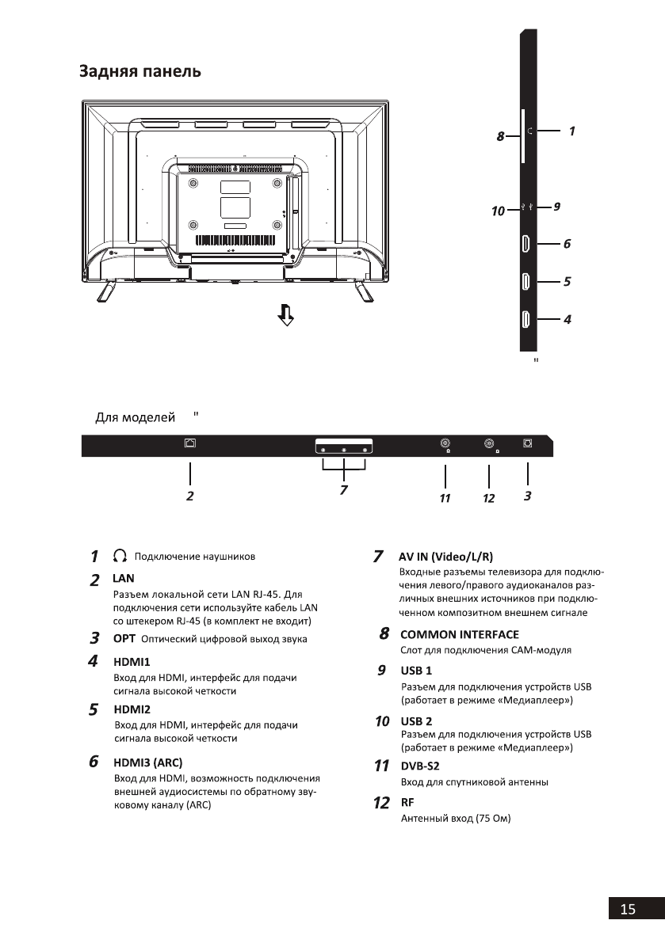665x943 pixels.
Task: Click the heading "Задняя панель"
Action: pos(139,72)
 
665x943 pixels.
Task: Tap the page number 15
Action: pos(628,910)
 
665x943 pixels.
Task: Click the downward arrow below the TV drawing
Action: pos(285,318)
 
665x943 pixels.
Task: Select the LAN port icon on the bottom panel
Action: pos(189,444)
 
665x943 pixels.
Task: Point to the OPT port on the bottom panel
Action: pos(528,444)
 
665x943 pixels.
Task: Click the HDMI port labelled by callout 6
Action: pos(526,245)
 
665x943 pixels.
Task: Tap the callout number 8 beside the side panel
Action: pos(501,136)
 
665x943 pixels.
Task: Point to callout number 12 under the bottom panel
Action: pos(488,498)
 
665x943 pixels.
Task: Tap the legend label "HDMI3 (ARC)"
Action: pos(148,763)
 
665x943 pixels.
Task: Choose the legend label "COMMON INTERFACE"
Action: pos(460,634)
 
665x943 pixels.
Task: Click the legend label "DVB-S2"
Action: pos(420,766)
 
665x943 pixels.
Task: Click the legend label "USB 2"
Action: pos(416,721)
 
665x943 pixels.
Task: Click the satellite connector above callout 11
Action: pos(445,445)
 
